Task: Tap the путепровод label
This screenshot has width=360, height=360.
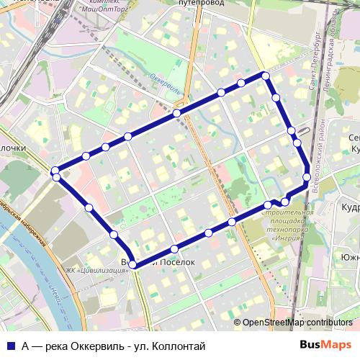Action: pyautogui.click(x=198, y=3)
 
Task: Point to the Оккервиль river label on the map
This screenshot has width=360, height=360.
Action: pyautogui.click(x=165, y=84)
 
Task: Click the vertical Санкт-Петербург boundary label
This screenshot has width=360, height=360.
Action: pyautogui.click(x=313, y=61)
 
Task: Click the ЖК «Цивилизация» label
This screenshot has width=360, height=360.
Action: pyautogui.click(x=93, y=271)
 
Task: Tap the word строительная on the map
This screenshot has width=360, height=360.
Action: pyautogui.click(x=288, y=213)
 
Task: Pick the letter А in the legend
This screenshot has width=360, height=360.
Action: pyautogui.click(x=25, y=346)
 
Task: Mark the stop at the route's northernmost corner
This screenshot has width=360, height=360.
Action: pyautogui.click(x=265, y=76)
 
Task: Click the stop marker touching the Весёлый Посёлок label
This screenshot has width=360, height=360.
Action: pyautogui.click(x=132, y=264)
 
